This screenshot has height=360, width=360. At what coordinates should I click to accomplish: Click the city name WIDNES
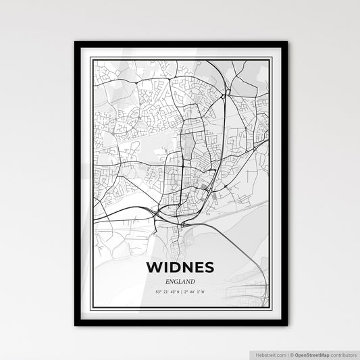[x=180, y=267]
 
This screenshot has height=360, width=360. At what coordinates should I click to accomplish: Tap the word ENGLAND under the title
[x=180, y=281]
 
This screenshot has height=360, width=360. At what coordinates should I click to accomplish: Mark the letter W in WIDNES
[x=154, y=267]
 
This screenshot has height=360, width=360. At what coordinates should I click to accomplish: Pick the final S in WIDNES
[x=209, y=267]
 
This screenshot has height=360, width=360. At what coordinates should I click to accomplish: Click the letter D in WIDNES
[x=174, y=267]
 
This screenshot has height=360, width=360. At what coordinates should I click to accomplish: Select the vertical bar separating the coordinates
[x=181, y=292]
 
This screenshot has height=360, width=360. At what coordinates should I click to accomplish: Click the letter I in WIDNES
[x=165, y=267]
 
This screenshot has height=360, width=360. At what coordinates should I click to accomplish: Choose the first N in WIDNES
[x=186, y=267]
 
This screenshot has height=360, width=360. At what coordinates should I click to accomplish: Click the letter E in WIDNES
[x=198, y=267]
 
